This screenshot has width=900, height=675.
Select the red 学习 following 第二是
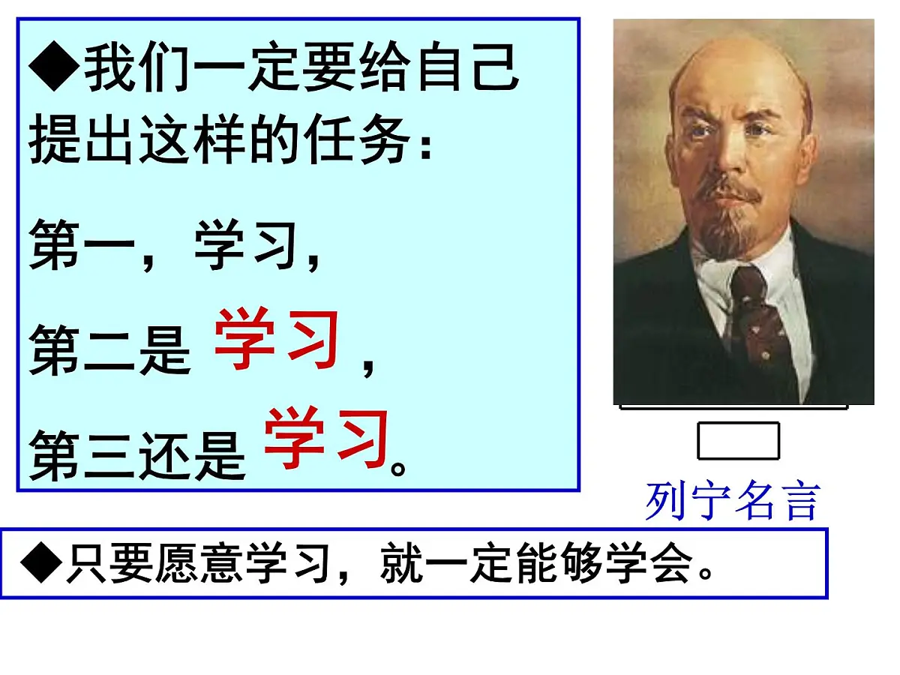[277, 341]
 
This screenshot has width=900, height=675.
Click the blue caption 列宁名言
[733, 502]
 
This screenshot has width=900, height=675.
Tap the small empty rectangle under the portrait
[738, 440]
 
